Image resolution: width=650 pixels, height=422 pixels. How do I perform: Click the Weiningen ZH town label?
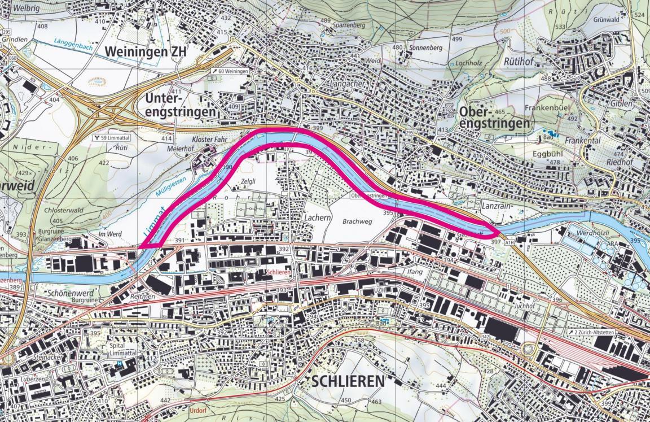point(145,52)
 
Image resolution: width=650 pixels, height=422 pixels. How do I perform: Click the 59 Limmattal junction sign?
point(112,137)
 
